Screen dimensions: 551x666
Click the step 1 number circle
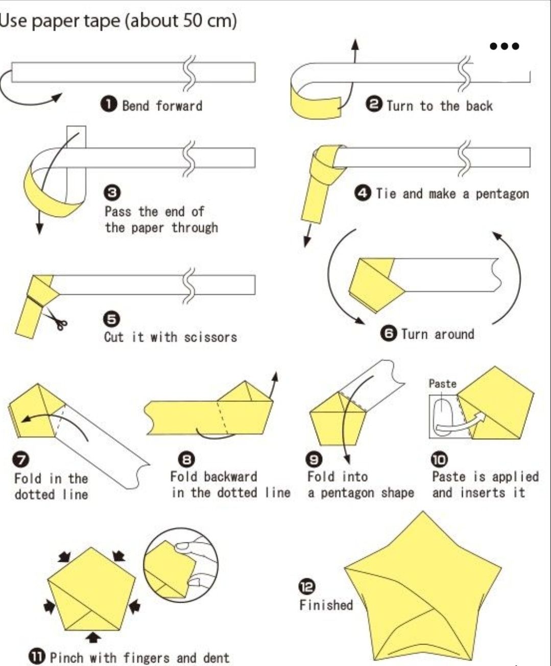pyautogui.click(x=109, y=105)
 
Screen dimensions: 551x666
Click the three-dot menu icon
pyautogui.click(x=505, y=46)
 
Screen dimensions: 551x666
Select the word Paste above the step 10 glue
pyautogui.click(x=442, y=384)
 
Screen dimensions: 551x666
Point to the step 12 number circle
pyautogui.click(x=307, y=587)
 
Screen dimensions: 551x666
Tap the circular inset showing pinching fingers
pyautogui.click(x=181, y=565)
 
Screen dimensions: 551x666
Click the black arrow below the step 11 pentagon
pyautogui.click(x=93, y=637)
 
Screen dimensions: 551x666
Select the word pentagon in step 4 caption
pyautogui.click(x=502, y=194)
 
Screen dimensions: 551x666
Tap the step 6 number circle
pyautogui.click(x=389, y=334)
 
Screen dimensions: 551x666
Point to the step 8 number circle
pyautogui.click(x=186, y=460)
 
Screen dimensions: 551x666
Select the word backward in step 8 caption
pyautogui.click(x=230, y=477)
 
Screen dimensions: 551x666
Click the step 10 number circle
pyautogui.click(x=439, y=460)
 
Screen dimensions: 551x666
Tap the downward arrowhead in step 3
pyautogui.click(x=39, y=228)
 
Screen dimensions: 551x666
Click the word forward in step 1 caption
pyautogui.click(x=179, y=106)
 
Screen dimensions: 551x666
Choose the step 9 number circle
pyautogui.click(x=314, y=460)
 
